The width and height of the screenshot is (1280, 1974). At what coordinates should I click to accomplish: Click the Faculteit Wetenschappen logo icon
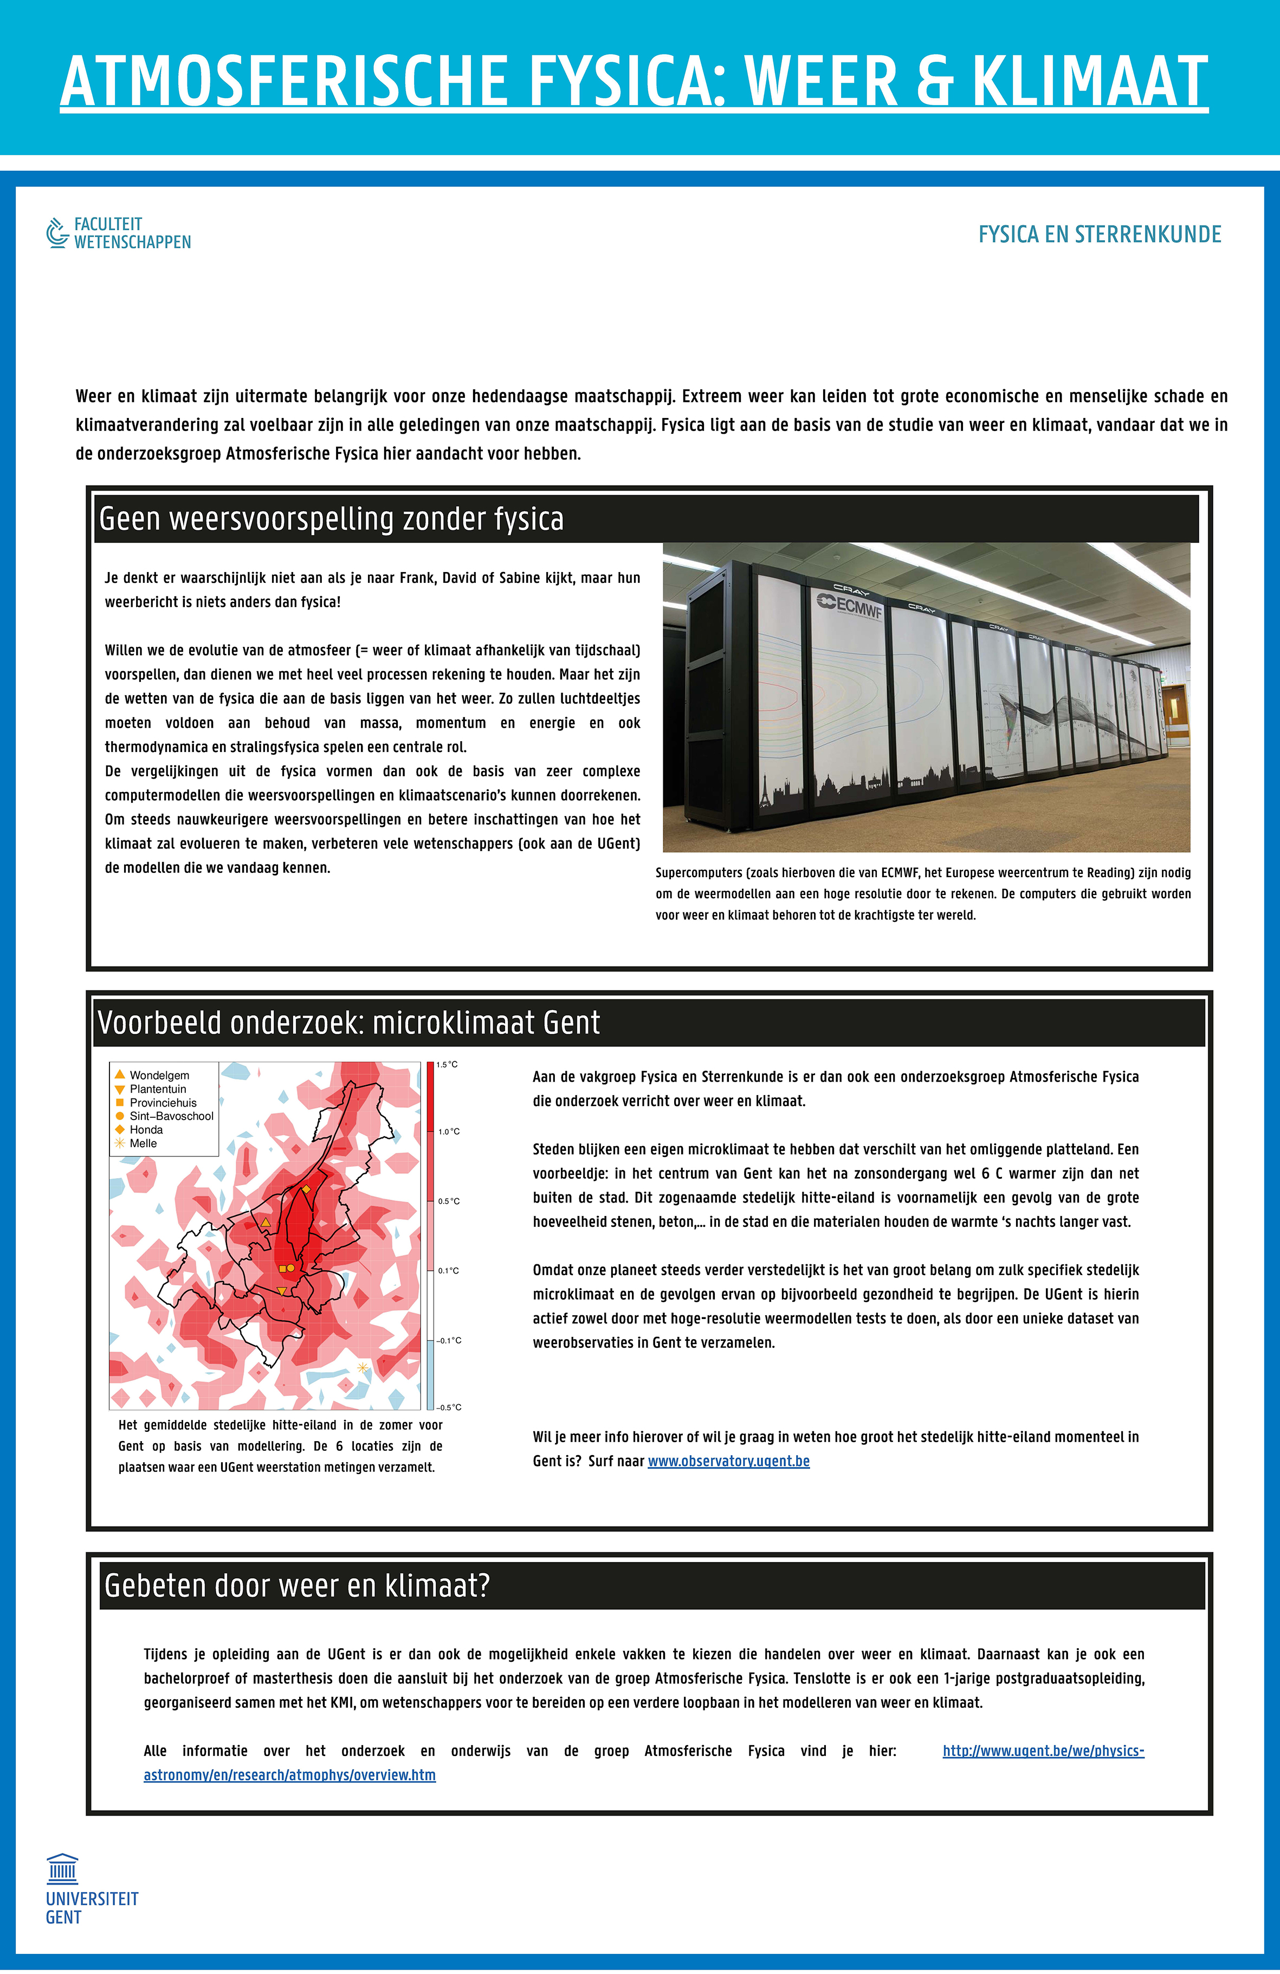tap(56, 233)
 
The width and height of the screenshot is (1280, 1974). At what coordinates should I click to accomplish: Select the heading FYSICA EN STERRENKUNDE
tap(1100, 235)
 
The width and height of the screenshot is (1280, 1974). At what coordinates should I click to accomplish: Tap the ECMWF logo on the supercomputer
tap(850, 605)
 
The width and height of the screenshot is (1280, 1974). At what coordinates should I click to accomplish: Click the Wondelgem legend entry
tap(158, 1076)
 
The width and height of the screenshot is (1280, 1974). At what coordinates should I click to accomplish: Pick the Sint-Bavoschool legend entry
tap(171, 1116)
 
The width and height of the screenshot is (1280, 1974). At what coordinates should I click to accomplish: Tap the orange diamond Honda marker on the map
tap(306, 1190)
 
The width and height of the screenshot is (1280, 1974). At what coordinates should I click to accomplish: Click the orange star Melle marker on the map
tap(363, 1367)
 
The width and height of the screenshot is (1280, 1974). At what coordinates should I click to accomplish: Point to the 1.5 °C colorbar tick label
tap(448, 1065)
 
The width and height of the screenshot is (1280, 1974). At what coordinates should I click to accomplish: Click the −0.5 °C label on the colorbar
tap(449, 1407)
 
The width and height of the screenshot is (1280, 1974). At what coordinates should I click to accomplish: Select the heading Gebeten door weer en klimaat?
tap(297, 1586)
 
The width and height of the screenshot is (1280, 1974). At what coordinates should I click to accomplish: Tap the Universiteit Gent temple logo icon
tap(62, 1869)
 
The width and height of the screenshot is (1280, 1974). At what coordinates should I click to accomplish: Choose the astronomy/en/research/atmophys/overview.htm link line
tap(289, 1776)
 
